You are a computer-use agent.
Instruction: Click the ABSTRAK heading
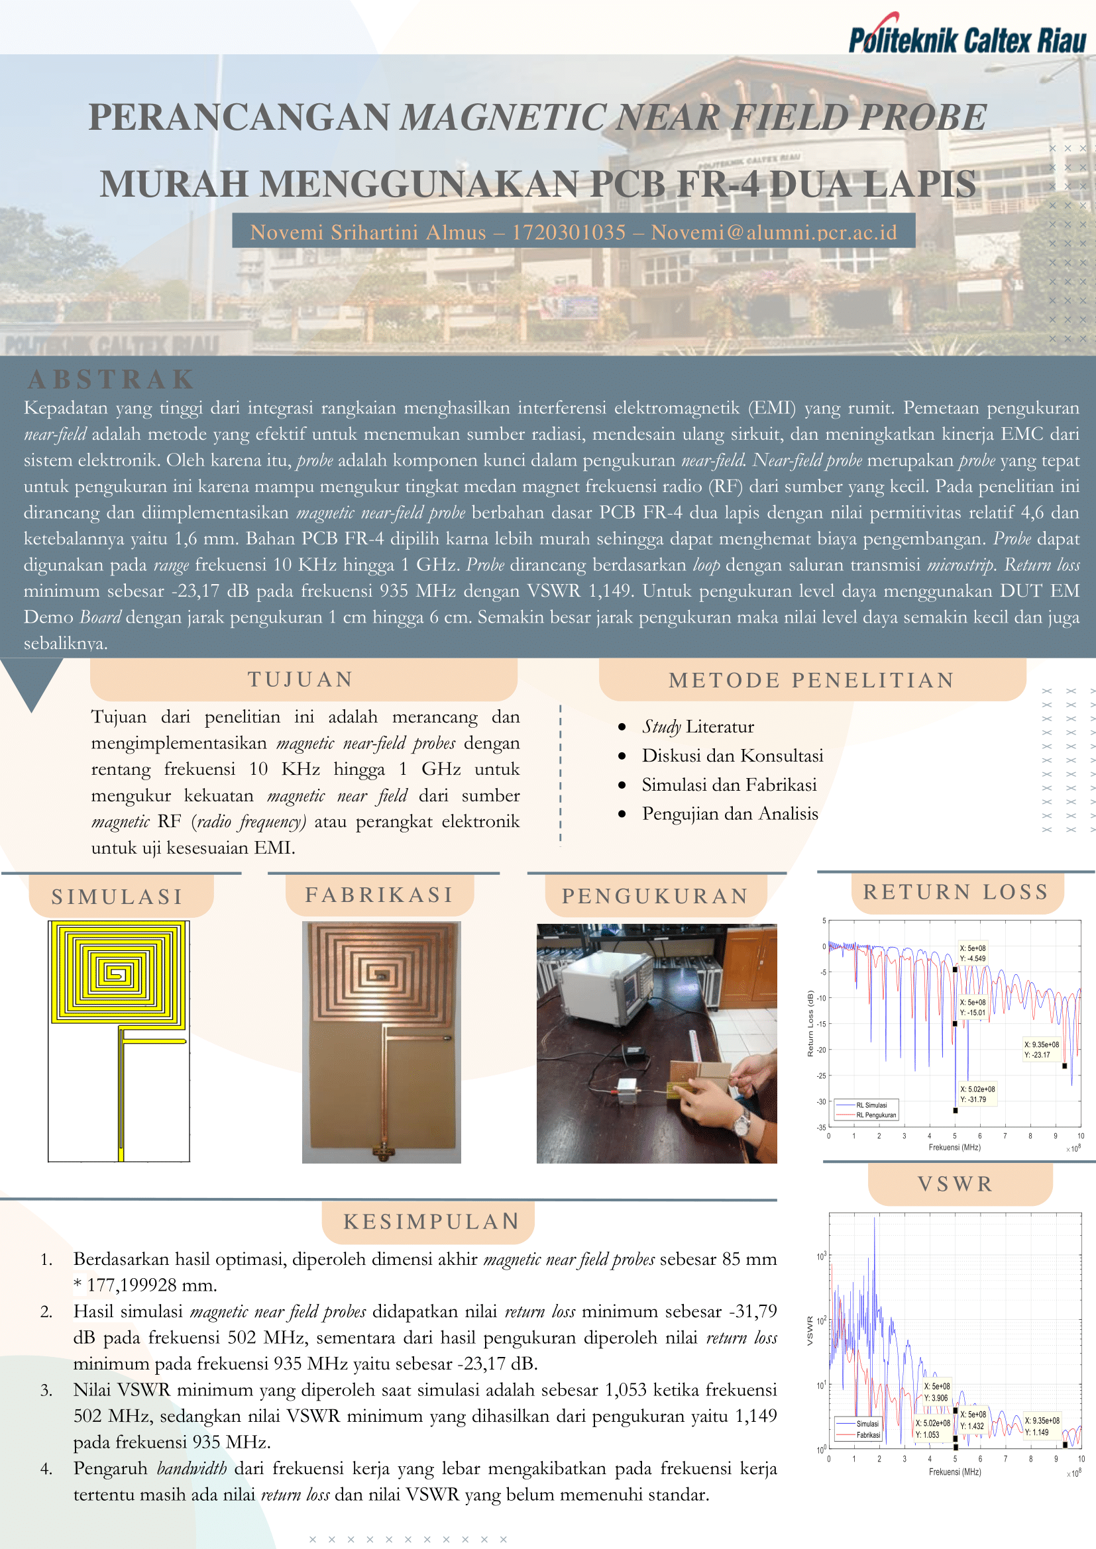pos(111,380)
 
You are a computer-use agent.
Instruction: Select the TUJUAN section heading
pos(301,679)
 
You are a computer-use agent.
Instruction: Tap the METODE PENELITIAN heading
pos(811,680)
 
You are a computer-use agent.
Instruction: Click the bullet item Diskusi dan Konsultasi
pos(732,756)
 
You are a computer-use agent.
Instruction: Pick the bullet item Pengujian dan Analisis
pos(730,814)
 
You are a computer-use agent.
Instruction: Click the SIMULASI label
pos(117,897)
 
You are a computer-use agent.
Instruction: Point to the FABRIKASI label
pos(379,895)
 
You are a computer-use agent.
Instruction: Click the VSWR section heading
pos(955,1184)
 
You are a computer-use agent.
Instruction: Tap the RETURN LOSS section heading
pos(956,892)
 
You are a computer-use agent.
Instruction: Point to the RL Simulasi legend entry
pos(871,1105)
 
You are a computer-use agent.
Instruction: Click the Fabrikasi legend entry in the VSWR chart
pos(868,1435)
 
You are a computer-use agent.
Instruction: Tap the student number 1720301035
pos(569,232)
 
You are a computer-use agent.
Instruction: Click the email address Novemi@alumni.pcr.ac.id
pos(774,232)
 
